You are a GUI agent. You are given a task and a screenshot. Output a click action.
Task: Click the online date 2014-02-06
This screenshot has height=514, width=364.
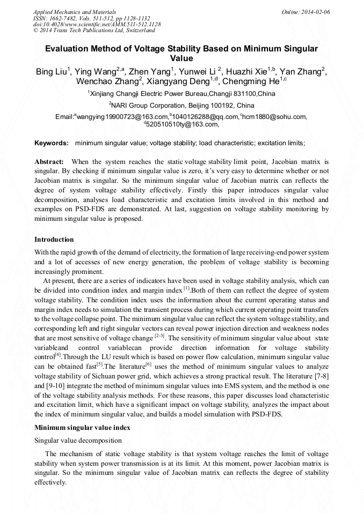[315, 11]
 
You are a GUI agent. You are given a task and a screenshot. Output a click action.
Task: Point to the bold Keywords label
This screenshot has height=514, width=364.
[51, 143]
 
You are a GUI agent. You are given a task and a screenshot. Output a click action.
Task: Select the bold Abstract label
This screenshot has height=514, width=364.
[49, 161]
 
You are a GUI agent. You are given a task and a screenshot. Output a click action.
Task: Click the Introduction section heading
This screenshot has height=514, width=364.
[54, 239]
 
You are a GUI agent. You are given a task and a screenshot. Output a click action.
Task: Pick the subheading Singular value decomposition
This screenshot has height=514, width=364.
[78, 441]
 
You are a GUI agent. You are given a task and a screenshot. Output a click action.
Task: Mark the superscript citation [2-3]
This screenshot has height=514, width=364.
[160, 337]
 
